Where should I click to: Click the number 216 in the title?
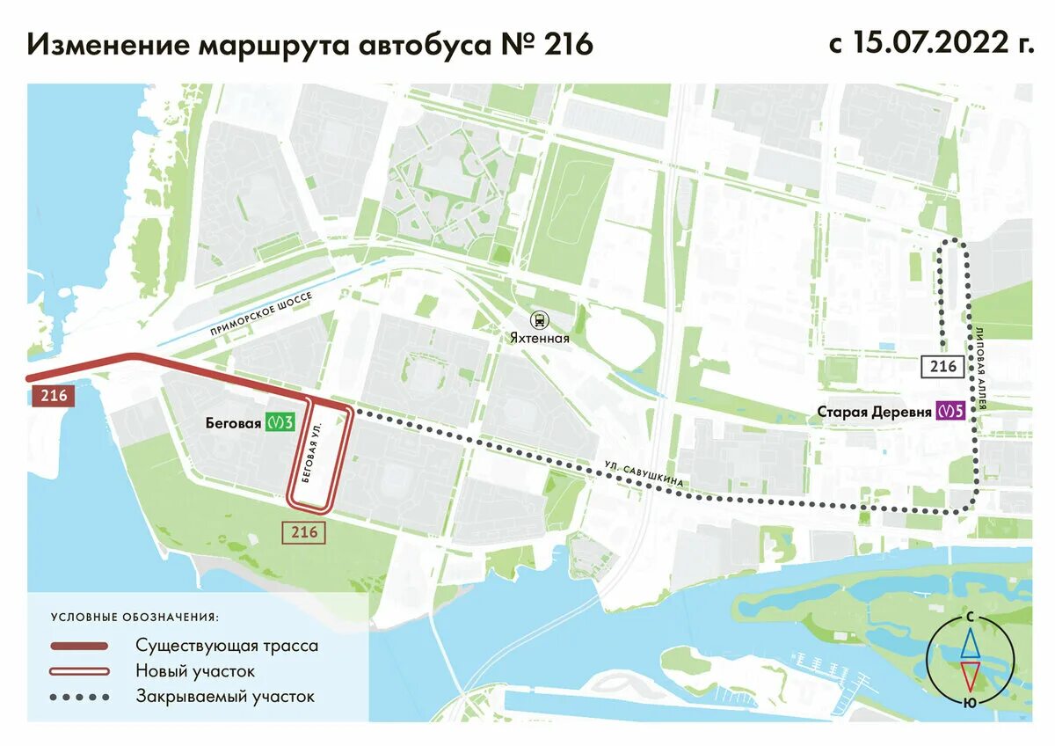[x=568, y=45]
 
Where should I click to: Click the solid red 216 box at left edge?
[x=53, y=395]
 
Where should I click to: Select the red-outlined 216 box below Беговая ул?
[x=303, y=532]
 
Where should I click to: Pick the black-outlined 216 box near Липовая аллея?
[x=942, y=366]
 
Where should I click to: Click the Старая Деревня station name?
[x=874, y=411]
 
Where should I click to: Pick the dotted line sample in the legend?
[x=79, y=697]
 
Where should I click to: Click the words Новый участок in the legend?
[x=195, y=671]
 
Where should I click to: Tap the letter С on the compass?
[x=970, y=618]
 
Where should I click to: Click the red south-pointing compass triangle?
[x=970, y=677]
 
